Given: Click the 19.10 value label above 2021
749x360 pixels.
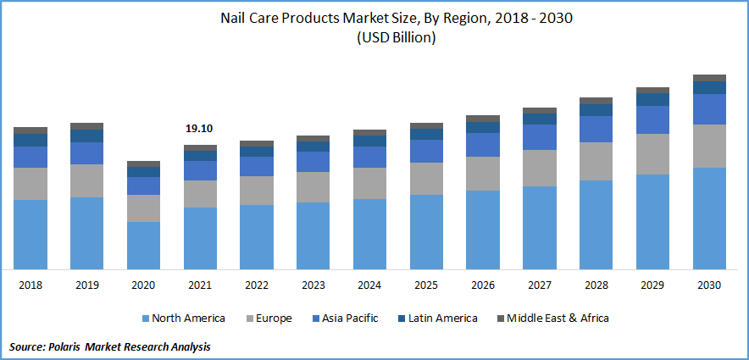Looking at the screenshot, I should (199, 129).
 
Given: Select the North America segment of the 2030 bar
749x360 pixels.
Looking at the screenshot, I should (709, 218).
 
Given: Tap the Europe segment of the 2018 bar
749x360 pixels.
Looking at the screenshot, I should (31, 184).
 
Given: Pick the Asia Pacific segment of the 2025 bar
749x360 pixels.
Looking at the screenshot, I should (426, 151).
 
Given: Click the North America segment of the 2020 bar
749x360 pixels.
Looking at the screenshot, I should (143, 245).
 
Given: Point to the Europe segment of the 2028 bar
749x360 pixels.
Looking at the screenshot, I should (596, 161).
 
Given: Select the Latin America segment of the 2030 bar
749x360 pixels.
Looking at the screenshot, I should (709, 87).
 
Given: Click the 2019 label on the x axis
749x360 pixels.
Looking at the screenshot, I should (86, 285).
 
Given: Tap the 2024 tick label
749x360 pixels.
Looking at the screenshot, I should (369, 285).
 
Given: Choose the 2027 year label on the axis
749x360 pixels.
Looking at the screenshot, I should (540, 285).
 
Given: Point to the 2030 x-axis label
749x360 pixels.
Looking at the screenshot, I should (709, 285).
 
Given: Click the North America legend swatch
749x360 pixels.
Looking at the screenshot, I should (145, 318).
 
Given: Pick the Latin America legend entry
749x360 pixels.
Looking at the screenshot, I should (438, 318).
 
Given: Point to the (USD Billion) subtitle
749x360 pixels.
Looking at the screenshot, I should (374, 37).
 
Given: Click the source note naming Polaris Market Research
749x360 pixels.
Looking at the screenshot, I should (110, 346).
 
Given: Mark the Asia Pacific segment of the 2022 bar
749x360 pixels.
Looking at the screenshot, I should (256, 166).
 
